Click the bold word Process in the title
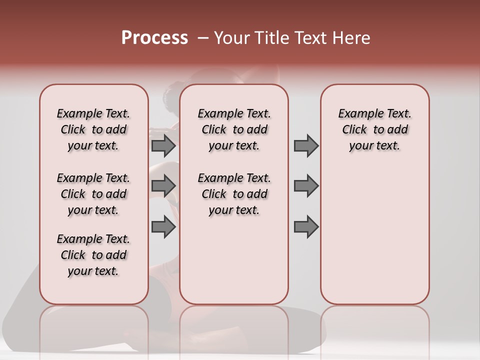coord(154,38)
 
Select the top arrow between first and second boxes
coord(163,145)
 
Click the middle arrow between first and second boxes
coord(163,186)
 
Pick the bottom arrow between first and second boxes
coord(163,227)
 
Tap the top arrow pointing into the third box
coord(306,145)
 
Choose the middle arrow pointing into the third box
coord(306,186)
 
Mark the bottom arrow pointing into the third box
coord(306,227)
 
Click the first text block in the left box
coord(93,129)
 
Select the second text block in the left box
coord(93,194)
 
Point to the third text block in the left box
coord(93,255)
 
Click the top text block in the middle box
coord(234,129)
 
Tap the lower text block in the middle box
coord(234,194)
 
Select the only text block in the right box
coord(374,129)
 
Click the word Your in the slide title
coord(231,38)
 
